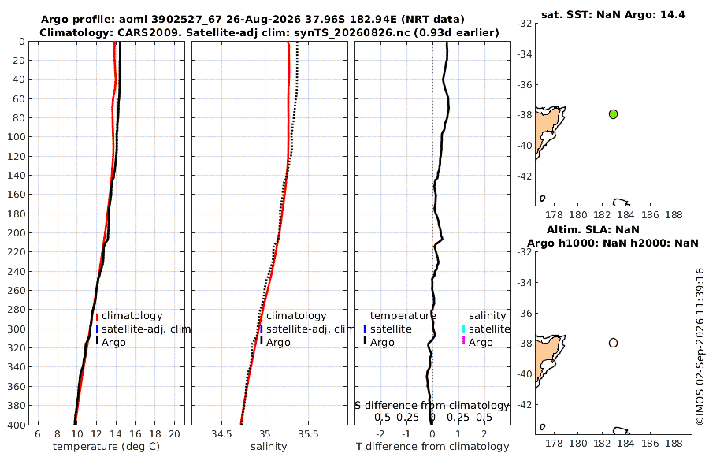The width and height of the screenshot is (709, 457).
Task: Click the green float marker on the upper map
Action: pyautogui.click(x=613, y=114)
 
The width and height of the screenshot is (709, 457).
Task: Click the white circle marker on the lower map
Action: pyautogui.click(x=613, y=343)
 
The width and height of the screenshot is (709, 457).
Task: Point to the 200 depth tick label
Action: pyautogui.click(x=17, y=232)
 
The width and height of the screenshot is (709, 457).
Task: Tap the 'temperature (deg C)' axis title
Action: pyautogui.click(x=106, y=447)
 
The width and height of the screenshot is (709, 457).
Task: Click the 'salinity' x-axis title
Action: pyautogui.click(x=269, y=447)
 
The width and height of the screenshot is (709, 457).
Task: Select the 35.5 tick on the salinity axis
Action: pyautogui.click(x=308, y=434)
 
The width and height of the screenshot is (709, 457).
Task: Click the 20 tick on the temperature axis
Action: pyautogui.click(x=175, y=434)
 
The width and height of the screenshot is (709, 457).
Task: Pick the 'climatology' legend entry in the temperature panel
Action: pyautogui.click(x=132, y=316)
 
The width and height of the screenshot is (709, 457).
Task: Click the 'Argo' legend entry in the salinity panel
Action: pyautogui.click(x=278, y=343)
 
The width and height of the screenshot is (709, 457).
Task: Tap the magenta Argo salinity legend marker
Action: pyautogui.click(x=463, y=340)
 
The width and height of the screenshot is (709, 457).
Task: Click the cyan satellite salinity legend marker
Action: pyautogui.click(x=463, y=329)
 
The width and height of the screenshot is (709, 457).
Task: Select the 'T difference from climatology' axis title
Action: pyautogui.click(x=432, y=447)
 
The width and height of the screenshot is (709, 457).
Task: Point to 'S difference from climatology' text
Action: pyautogui.click(x=432, y=406)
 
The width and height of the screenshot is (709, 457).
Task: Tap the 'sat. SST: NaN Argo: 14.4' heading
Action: pyautogui.click(x=613, y=14)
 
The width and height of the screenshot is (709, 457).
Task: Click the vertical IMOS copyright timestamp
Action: pyautogui.click(x=700, y=347)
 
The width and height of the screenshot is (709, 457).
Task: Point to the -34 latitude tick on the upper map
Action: pyautogui.click(x=524, y=54)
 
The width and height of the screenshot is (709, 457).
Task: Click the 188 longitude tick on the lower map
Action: pyautogui.click(x=674, y=444)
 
